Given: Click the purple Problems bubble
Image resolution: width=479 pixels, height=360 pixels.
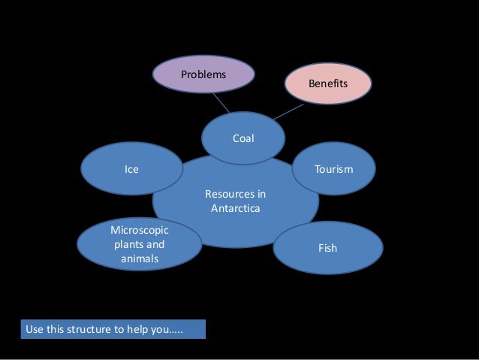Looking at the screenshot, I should pyautogui.click(x=203, y=74).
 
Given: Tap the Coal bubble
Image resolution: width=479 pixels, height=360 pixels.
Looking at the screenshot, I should pyautogui.click(x=243, y=138).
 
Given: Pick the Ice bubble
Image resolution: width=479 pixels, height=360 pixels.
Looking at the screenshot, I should pyautogui.click(x=131, y=170).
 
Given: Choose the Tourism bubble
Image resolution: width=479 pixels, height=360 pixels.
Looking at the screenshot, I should pyautogui.click(x=333, y=170).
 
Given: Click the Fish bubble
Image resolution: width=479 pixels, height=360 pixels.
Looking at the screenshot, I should pyautogui.click(x=327, y=247).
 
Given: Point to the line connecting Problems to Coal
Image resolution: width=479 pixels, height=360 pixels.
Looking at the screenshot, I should pyautogui.click(x=221, y=104).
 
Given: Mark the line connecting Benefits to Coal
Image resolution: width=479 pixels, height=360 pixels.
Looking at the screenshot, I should pyautogui.click(x=288, y=112).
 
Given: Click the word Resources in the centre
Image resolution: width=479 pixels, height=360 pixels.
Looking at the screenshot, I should pyautogui.click(x=235, y=195).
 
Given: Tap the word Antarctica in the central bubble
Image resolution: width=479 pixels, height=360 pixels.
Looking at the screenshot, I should pyautogui.click(x=235, y=208).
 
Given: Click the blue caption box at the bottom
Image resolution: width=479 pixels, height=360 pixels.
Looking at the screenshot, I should pyautogui.click(x=113, y=329).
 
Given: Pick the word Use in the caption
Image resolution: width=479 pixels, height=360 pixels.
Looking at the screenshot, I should pyautogui.click(x=35, y=329).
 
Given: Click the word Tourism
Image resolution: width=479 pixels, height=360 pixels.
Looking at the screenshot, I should pyautogui.click(x=333, y=170).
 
